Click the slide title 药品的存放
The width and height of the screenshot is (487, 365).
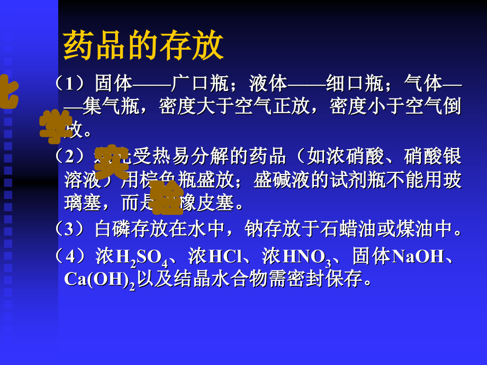[x=143, y=47]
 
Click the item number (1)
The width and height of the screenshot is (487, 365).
[x=73, y=84]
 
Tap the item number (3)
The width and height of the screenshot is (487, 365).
[x=73, y=229]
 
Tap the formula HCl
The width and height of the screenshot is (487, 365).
[x=225, y=257]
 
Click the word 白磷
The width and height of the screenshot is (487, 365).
[x=113, y=229]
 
